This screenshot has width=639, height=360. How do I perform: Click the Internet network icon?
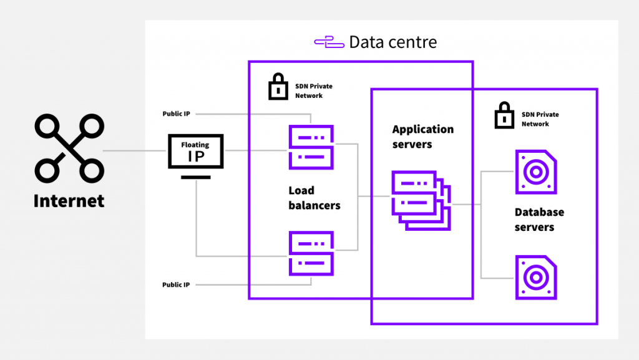(x=69, y=148)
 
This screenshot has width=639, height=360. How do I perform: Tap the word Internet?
(x=69, y=201)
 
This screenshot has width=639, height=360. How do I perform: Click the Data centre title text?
(x=393, y=42)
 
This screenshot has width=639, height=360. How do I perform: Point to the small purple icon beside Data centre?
(x=329, y=42)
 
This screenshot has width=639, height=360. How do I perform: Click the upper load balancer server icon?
(x=311, y=147)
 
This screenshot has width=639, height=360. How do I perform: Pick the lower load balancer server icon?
(x=311, y=253)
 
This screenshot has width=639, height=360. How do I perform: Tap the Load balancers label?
(x=314, y=198)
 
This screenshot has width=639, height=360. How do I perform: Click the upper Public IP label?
(x=176, y=114)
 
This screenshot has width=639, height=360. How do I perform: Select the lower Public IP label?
(x=176, y=285)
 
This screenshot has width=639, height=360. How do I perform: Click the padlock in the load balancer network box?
(x=278, y=87)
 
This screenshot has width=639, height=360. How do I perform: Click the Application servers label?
(x=422, y=137)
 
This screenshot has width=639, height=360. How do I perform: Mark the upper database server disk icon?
(x=536, y=172)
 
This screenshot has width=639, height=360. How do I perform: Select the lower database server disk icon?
(x=536, y=277)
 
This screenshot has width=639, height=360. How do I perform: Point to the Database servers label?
(x=539, y=220)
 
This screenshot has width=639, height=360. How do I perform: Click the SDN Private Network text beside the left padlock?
(x=309, y=90)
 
